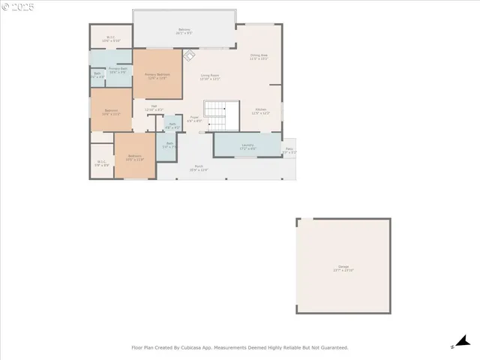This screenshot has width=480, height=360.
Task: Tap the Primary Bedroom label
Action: pos(157,75)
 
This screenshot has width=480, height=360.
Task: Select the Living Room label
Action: pos(209,76)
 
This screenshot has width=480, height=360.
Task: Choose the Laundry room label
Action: pos(247,145)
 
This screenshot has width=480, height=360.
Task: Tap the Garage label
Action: pos(343,268)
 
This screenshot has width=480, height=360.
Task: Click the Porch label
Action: pos(199,168)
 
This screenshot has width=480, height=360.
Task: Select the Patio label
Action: pos(289,150)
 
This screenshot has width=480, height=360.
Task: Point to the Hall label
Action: pos(154,107)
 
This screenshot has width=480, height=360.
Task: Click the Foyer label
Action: pos(193,118)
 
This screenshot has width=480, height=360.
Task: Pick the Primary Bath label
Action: pos(118,69)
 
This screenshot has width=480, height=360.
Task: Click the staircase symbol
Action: pos(215,115)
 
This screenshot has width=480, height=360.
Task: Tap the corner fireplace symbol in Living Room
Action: pos(190,55)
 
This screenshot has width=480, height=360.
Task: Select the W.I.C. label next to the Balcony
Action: pos(110,38)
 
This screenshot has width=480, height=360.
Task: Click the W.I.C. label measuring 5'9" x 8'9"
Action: pos(101,162)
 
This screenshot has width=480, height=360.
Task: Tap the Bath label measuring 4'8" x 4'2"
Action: pos(172,125)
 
